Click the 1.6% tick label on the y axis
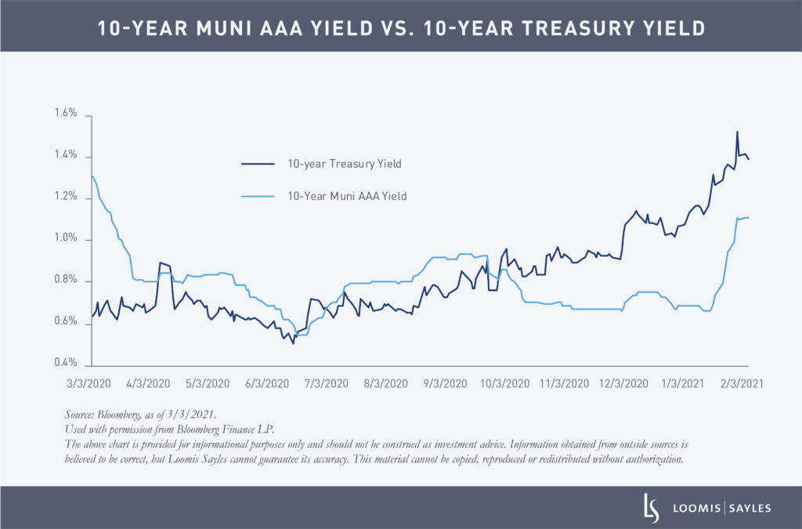coord(66,114)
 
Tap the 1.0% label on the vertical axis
coord(66,239)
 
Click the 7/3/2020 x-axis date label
coord(326,384)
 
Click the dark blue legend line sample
coord(258,164)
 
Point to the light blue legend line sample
coord(258,197)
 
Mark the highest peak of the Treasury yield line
coord(737,132)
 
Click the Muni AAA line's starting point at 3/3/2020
coord(92,176)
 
